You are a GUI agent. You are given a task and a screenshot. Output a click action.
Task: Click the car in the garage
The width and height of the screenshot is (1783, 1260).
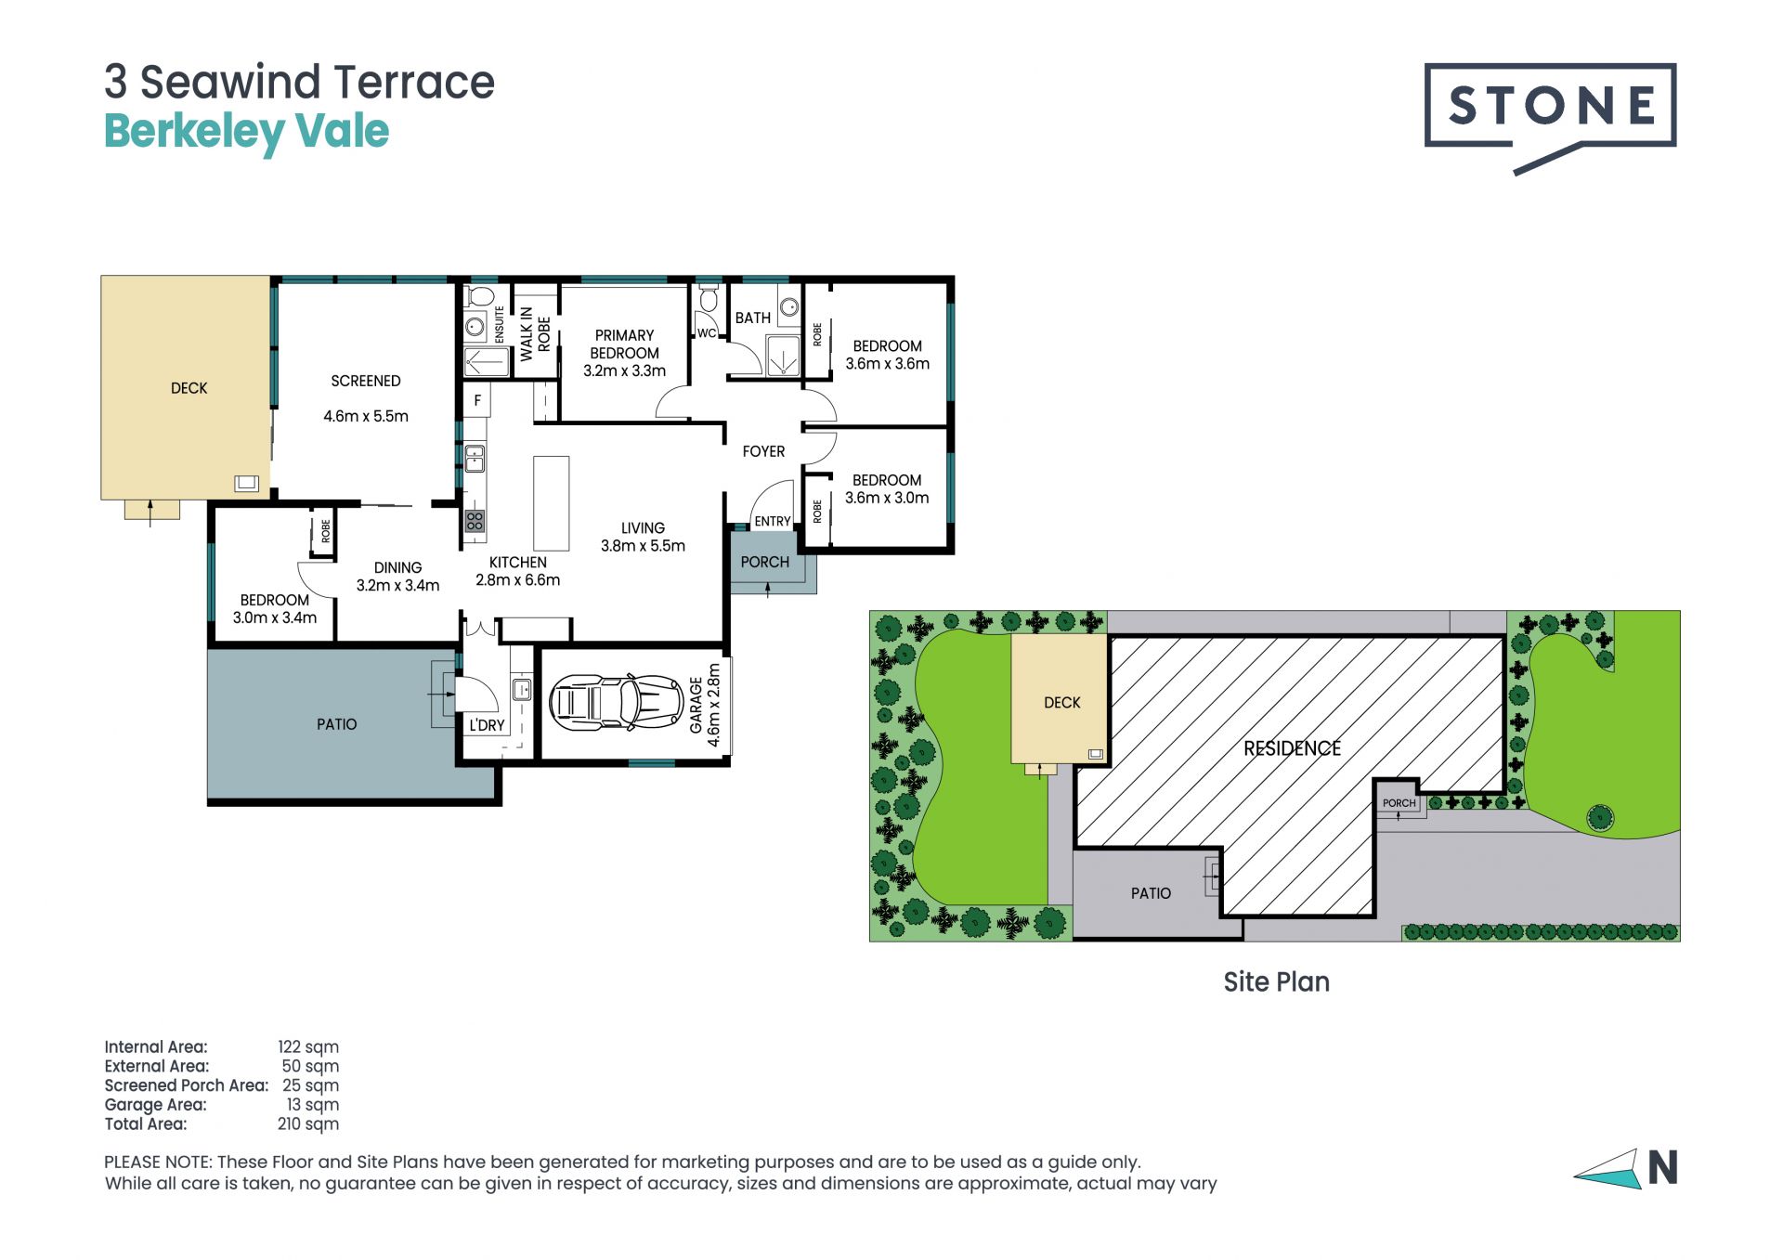click(x=617, y=702)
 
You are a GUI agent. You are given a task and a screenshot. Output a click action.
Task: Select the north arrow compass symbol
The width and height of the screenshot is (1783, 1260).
click(x=1626, y=1168)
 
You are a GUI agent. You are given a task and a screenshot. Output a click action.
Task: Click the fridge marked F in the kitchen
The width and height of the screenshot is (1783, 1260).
click(x=477, y=400)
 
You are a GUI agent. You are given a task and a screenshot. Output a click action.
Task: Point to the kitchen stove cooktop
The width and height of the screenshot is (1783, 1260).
click(x=475, y=521)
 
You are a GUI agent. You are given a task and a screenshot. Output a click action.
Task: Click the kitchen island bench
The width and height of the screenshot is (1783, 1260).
click(x=551, y=503)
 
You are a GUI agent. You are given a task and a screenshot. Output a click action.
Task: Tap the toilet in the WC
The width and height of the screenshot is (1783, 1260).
click(x=709, y=300)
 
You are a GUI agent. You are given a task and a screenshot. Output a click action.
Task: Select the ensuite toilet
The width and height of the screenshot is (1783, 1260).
click(x=481, y=296)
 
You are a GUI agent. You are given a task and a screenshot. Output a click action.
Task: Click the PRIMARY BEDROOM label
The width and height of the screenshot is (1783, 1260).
click(x=624, y=344)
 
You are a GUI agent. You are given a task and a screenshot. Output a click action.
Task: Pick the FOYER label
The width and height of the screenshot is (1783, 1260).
click(x=763, y=451)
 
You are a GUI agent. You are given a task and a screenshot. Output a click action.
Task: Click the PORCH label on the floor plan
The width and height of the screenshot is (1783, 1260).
click(x=764, y=562)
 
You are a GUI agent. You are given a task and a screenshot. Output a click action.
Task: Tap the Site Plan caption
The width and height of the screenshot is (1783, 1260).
click(x=1276, y=981)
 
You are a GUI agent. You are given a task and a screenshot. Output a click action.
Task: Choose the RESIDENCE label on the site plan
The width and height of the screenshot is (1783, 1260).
click(x=1292, y=748)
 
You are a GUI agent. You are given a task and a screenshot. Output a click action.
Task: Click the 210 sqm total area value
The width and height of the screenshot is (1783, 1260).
click(x=308, y=1124)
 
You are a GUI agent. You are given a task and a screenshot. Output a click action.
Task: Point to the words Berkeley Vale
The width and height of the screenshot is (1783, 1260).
click(x=246, y=132)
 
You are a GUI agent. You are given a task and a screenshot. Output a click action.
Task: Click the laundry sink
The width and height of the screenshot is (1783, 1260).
click(x=522, y=689)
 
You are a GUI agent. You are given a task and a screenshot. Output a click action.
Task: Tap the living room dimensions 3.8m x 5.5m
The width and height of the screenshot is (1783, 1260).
click(x=643, y=546)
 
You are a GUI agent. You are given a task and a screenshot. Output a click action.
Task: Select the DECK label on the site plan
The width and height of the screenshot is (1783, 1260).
click(x=1062, y=703)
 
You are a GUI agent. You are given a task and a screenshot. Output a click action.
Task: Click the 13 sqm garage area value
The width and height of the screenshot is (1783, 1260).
click(x=313, y=1105)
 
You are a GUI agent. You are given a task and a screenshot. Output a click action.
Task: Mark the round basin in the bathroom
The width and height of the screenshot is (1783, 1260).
click(x=789, y=307)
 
